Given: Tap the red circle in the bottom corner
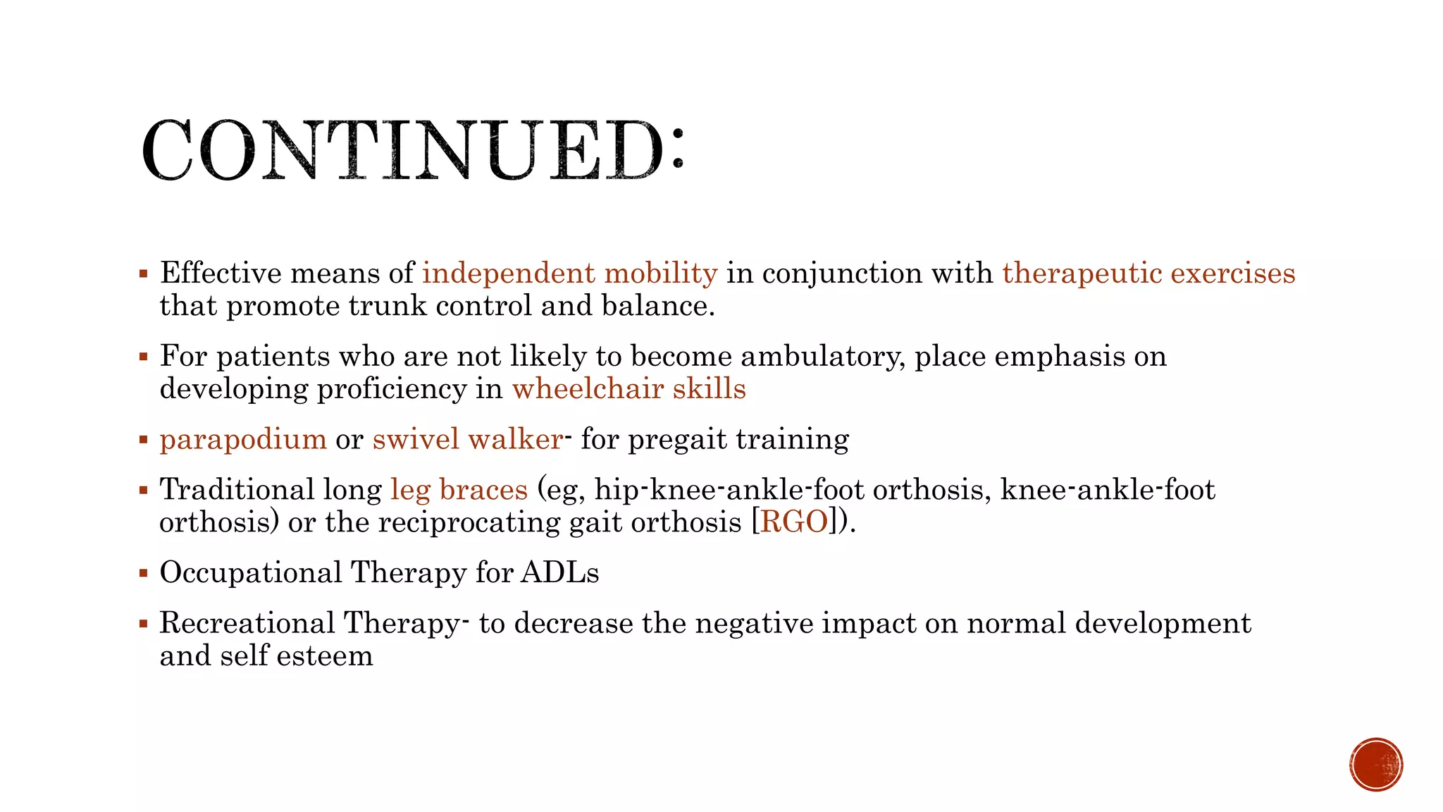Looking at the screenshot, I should point(1376,765).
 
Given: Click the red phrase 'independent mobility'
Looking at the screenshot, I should point(569,273).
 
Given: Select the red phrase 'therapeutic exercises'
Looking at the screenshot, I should point(1148,273).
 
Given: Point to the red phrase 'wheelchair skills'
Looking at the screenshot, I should point(628,389).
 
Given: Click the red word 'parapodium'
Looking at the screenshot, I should point(243,440).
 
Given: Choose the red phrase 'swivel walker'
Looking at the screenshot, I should point(468,440).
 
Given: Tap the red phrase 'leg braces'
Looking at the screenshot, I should point(459,490).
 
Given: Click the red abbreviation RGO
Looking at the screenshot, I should point(794,522).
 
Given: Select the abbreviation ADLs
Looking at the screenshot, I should point(560,572).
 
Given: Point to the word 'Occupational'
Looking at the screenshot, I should point(251,572).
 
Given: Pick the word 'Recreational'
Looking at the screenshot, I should point(247,623).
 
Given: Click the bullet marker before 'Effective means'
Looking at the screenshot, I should point(144,273).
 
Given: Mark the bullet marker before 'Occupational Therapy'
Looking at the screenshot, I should point(144,573).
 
